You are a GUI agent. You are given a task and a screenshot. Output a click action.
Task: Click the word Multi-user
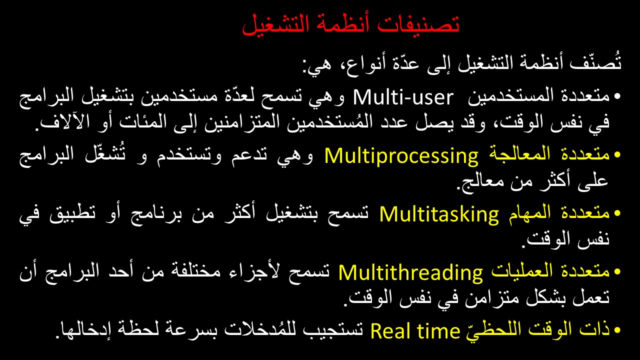403,97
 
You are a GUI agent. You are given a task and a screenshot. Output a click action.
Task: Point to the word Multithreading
410,273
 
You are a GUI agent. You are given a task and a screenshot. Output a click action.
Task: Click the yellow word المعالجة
519,154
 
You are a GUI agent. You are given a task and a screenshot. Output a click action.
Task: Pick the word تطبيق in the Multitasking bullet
72,213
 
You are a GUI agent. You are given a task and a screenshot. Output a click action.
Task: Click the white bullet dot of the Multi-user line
617,96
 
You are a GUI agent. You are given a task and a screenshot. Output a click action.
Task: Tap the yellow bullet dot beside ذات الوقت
617,330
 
